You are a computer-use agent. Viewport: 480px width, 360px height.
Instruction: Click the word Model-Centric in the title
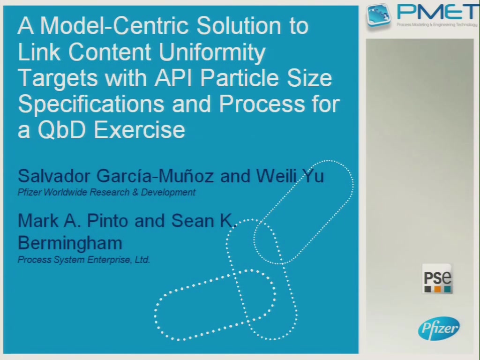pos(114,25)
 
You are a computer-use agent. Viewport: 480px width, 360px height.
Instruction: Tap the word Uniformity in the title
pos(212,52)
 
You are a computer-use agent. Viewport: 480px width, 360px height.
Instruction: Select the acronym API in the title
pos(173,78)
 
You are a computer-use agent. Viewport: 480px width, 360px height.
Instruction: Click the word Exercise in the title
pos(139,130)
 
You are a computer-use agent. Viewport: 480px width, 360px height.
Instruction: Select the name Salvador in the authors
pos(54,176)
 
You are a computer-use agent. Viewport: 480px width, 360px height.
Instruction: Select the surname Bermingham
pos(70,243)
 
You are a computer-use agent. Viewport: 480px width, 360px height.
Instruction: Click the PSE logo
pos(437,278)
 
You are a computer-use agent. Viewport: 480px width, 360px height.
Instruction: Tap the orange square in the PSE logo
pos(437,289)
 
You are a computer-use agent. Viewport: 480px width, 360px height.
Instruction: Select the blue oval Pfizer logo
pos(439,329)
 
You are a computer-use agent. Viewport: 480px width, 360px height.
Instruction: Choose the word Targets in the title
pos(58,79)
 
